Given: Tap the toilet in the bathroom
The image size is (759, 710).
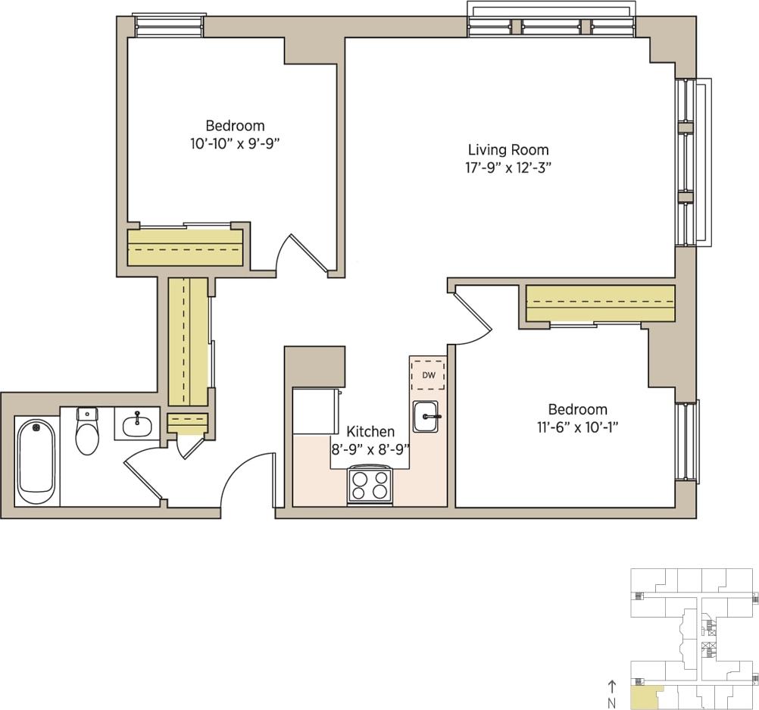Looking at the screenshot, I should tap(87, 433).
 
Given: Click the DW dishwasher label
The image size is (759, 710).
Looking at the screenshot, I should tap(428, 375).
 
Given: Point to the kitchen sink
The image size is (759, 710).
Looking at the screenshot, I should tap(426, 417).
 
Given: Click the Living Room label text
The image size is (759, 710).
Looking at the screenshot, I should tap(508, 150).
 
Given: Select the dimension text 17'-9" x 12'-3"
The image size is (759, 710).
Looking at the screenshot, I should tap(508, 168).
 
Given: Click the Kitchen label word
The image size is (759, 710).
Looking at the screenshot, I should tap(370, 431).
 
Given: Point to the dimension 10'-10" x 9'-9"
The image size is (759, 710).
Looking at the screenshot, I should tap(235, 144).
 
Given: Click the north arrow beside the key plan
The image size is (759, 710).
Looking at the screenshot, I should tap(612, 687).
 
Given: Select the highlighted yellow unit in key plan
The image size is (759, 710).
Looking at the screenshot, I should tap(644, 695).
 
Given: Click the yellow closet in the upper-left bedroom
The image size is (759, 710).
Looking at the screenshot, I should tap(185, 247).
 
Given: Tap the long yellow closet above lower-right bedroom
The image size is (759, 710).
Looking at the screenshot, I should tap(600, 304).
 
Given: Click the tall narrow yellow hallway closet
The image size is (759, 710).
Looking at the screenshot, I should tap(187, 341).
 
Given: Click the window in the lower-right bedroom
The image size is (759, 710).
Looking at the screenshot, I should tap(687, 441).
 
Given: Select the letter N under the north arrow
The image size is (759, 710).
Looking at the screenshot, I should tap(612, 703).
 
